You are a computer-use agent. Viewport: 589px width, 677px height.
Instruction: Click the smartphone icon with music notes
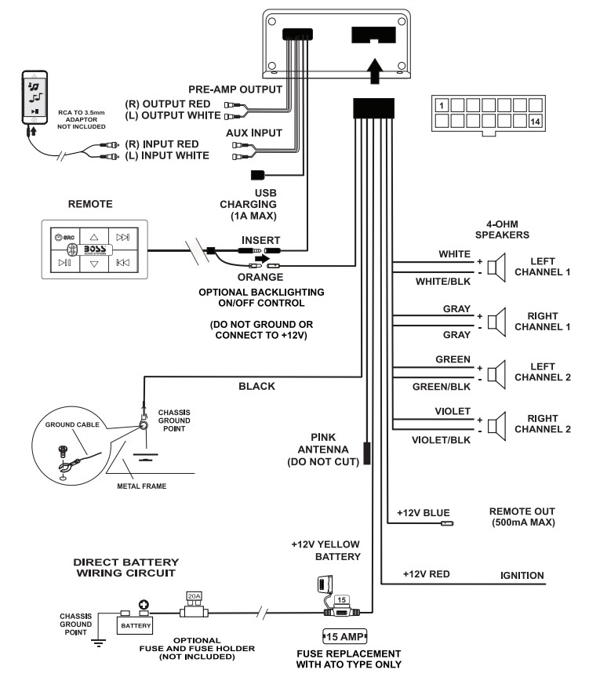tap(35, 97)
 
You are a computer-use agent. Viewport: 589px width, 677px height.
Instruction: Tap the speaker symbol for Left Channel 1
tap(496, 268)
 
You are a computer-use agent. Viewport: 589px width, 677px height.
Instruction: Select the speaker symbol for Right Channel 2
tap(496, 426)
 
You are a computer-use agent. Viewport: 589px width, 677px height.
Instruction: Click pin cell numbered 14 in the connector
tap(535, 122)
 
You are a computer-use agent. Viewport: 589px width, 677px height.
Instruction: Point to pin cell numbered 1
tap(442, 105)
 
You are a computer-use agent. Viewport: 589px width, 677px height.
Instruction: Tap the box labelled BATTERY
tap(135, 625)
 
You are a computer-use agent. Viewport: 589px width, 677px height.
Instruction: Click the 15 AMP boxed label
tap(345, 636)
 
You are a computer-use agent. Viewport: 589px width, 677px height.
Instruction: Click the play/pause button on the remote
tap(65, 263)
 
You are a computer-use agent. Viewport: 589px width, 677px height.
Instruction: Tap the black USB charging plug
tap(257, 175)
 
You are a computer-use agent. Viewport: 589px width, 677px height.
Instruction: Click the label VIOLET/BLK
tap(441, 440)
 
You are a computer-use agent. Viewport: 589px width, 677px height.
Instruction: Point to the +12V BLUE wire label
tap(424, 513)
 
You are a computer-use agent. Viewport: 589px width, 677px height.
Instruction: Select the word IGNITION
tap(522, 576)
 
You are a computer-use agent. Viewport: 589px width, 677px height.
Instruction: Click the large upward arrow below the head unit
tap(375, 71)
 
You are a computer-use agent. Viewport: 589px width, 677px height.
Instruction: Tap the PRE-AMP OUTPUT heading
tap(235, 89)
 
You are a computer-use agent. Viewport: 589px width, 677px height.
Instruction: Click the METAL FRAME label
tap(141, 486)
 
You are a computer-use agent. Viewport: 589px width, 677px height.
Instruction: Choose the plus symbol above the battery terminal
tap(144, 605)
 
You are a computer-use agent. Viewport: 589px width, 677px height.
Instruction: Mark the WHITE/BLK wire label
tap(443, 282)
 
